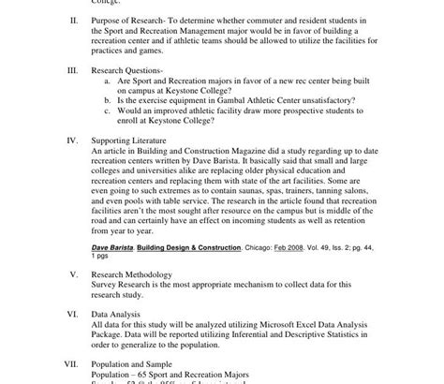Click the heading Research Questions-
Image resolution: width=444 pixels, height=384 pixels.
pyautogui.click(x=126, y=69)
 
